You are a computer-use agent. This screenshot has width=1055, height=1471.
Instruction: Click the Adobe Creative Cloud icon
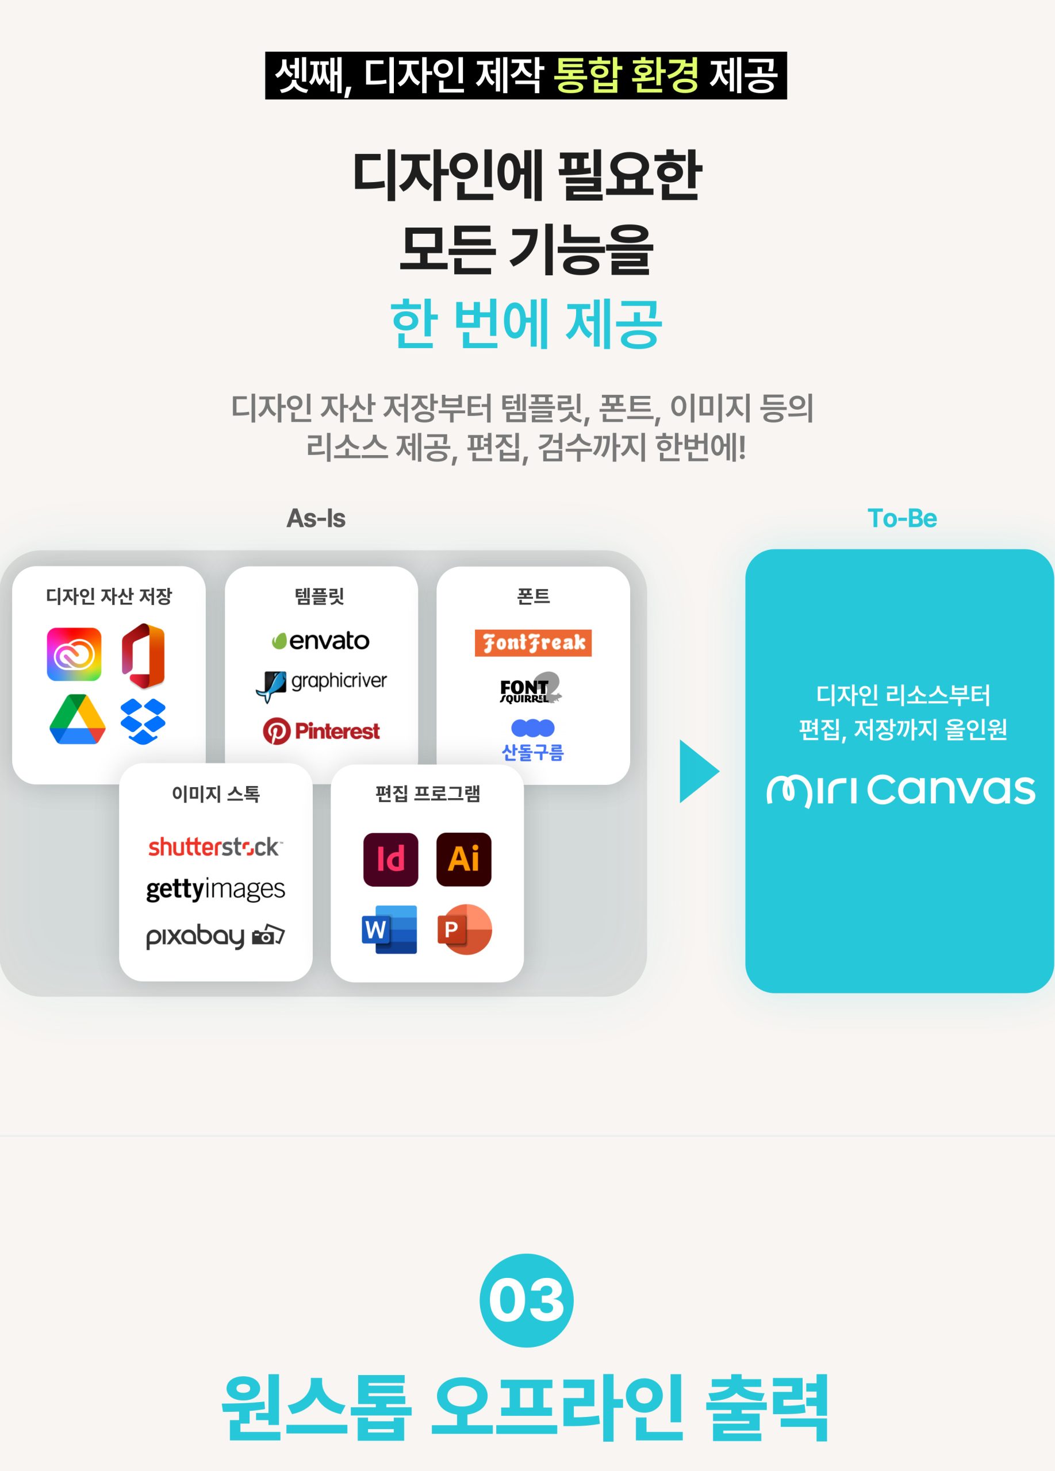(x=74, y=654)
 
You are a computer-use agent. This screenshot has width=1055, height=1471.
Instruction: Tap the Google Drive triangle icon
(x=77, y=719)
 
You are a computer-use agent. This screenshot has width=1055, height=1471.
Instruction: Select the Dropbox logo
(x=143, y=721)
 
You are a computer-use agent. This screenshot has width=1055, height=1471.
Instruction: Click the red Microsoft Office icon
(x=143, y=655)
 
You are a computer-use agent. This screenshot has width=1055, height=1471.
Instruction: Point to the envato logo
(x=320, y=641)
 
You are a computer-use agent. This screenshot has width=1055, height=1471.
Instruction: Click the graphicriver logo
(x=322, y=685)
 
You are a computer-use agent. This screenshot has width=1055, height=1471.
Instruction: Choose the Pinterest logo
(x=321, y=731)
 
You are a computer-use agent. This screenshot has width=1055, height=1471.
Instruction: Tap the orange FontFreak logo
(x=533, y=643)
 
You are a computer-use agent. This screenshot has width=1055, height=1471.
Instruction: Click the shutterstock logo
(x=215, y=846)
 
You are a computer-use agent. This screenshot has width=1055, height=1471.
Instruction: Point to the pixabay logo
(x=215, y=935)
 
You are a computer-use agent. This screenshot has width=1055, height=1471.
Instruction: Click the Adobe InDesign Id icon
(x=390, y=860)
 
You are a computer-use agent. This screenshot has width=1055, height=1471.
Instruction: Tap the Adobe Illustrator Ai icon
(x=463, y=860)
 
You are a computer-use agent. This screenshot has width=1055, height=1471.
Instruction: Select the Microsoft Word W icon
(x=389, y=929)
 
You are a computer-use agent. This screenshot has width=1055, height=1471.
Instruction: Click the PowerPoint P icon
(x=463, y=929)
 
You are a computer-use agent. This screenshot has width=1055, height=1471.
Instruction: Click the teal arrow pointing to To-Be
(x=697, y=771)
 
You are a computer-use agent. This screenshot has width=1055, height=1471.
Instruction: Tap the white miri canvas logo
(x=900, y=790)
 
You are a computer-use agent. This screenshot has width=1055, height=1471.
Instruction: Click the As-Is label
(x=316, y=518)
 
